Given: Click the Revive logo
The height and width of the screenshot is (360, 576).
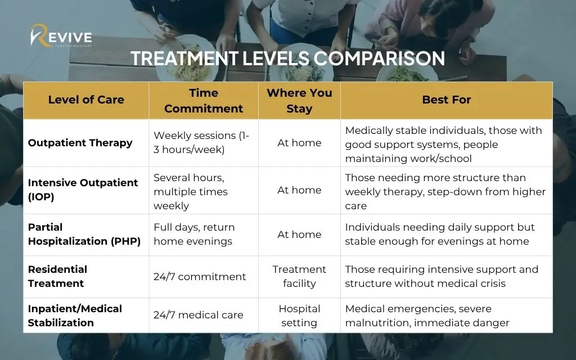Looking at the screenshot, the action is [61, 36].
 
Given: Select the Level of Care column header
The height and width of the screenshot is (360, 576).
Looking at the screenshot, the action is [86, 100].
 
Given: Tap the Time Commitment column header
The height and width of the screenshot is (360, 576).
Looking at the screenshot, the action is [204, 101].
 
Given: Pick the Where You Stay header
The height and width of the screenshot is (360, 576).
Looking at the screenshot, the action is [299, 101].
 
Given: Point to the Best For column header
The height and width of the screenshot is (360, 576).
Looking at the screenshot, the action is [446, 100].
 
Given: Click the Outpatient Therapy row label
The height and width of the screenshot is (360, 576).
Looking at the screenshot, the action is [80, 142].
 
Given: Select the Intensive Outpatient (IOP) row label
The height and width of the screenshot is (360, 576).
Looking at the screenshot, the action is [83, 190].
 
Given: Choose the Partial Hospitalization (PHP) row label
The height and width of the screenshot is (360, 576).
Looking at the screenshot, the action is [84, 234].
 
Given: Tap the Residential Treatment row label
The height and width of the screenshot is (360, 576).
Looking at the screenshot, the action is [57, 276].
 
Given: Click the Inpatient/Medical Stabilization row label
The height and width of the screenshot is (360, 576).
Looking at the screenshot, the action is [75, 316].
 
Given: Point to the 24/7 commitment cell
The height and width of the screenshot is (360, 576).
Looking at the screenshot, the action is [200, 277].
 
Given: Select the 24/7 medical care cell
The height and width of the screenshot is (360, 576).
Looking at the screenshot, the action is [199, 315].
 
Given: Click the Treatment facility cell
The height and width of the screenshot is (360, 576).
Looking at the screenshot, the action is [299, 276].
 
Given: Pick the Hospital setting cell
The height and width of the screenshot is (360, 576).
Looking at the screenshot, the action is [299, 316].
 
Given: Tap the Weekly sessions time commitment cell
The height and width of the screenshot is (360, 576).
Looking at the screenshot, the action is [201, 142].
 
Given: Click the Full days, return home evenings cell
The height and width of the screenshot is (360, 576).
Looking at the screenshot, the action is [194, 234].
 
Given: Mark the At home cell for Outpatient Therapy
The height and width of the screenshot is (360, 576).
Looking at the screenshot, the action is [299, 142].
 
